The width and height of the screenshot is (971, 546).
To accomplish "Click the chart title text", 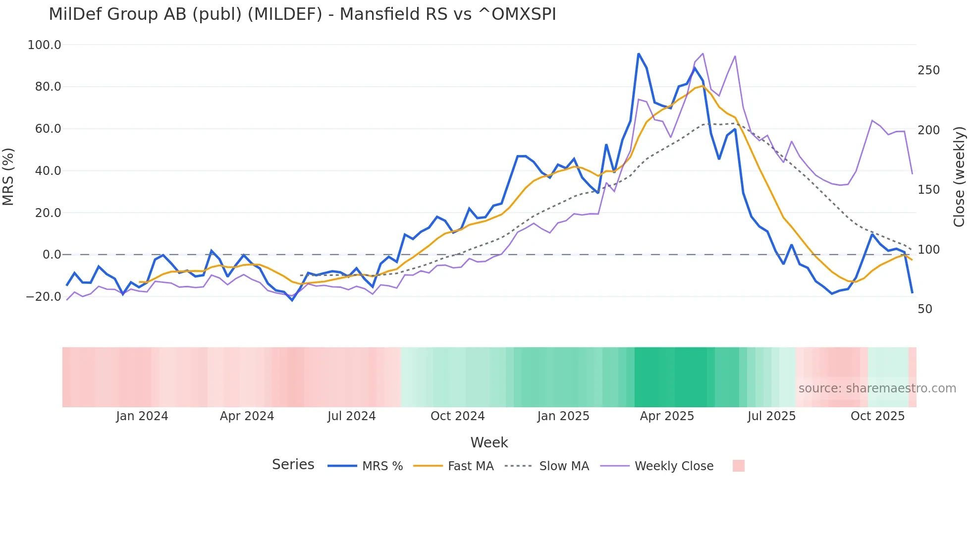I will (302, 14).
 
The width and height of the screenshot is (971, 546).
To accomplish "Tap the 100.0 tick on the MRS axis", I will (44, 45).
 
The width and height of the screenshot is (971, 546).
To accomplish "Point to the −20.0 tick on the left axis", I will (43, 297).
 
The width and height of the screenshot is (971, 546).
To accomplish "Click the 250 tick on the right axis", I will (928, 70).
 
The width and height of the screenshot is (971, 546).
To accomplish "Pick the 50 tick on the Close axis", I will (925, 309).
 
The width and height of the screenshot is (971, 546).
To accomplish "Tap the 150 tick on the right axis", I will (928, 190).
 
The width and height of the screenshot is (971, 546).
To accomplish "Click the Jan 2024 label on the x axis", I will (142, 416).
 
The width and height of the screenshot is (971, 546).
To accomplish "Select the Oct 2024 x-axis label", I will (457, 416).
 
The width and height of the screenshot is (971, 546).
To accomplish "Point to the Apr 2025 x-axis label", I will (667, 416).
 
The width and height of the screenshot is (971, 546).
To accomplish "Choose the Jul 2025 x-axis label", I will (771, 416).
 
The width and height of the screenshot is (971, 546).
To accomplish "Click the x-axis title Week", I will (489, 442).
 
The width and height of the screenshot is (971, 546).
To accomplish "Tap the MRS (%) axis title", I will (8, 176).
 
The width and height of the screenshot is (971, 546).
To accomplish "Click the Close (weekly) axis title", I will (959, 176).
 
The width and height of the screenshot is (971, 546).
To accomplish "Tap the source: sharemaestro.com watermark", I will (877, 388).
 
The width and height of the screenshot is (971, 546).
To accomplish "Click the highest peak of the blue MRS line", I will (639, 54).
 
